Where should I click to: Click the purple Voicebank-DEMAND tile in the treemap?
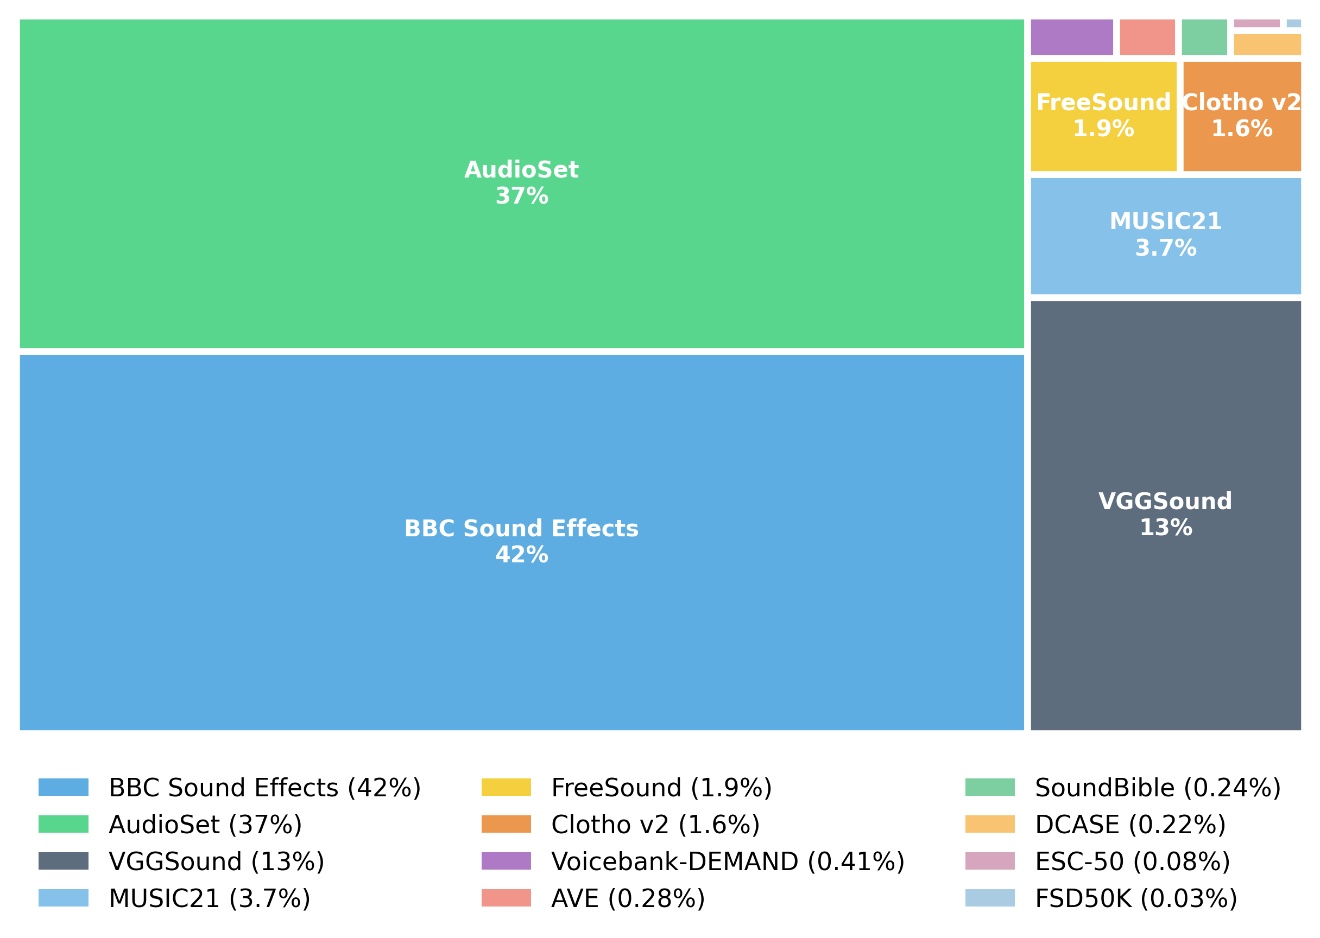(1072, 37)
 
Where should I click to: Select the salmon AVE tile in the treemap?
(1147, 37)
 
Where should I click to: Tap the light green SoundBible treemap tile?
(1204, 37)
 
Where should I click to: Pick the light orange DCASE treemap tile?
(1267, 45)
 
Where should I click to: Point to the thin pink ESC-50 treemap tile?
(1256, 23)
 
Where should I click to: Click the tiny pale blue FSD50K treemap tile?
(1293, 23)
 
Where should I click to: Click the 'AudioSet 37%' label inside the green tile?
(521, 183)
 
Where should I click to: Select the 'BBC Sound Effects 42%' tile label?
(521, 542)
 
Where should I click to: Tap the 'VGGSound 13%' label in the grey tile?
(1165, 515)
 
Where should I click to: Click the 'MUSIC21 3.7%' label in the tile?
(1165, 235)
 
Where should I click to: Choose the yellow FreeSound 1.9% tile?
(1103, 116)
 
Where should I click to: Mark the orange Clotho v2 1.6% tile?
(1241, 116)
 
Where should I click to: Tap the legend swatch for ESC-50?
(989, 861)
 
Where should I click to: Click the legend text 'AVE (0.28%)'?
(628, 899)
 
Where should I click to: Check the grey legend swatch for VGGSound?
(64, 861)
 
